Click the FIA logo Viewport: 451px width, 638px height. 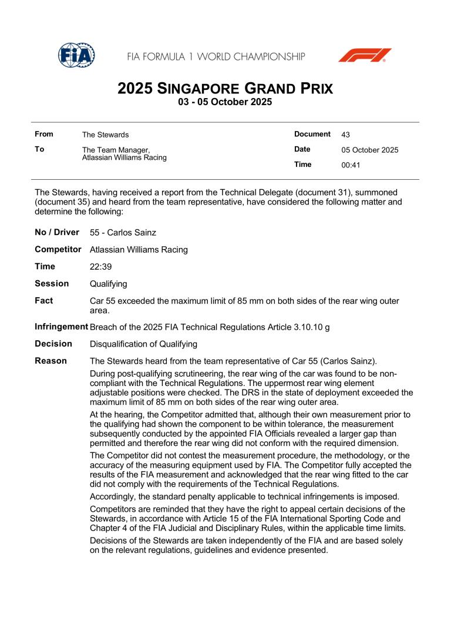click(x=76, y=55)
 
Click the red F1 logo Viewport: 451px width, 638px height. click(x=364, y=55)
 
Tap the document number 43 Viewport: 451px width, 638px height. click(x=345, y=135)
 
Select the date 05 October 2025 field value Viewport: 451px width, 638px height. click(x=369, y=150)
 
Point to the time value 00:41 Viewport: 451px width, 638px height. click(x=351, y=165)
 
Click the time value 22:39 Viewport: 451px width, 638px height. click(x=100, y=267)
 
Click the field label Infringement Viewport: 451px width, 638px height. click(x=61, y=327)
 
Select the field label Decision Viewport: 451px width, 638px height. click(x=53, y=344)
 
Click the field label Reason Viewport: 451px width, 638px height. click(x=51, y=361)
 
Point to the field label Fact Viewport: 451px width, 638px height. click(x=44, y=301)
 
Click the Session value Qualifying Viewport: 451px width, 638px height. click(x=109, y=284)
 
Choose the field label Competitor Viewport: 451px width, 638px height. click(x=58, y=250)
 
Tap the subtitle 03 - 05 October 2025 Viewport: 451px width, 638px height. click(x=225, y=102)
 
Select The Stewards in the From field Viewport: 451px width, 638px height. click(x=105, y=135)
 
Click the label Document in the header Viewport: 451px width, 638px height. click(x=312, y=135)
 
